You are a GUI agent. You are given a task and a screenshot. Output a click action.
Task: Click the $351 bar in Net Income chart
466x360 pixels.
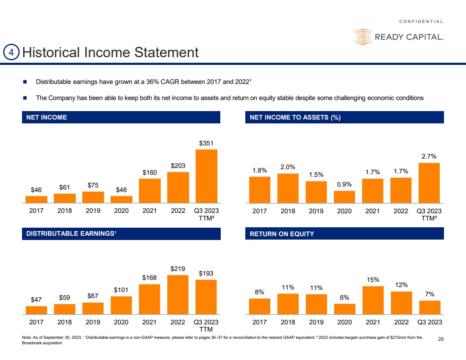tap(206, 176)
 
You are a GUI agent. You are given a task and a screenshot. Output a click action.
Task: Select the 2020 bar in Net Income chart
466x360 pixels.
tap(121, 199)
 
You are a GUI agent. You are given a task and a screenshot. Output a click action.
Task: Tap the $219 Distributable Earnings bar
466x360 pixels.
tap(178, 295)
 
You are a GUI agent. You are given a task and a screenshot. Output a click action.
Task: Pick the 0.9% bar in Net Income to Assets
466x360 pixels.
tap(344, 197)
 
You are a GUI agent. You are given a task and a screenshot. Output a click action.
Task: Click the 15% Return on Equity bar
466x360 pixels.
tap(373, 300)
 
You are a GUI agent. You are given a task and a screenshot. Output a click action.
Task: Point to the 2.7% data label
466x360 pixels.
tap(429, 156)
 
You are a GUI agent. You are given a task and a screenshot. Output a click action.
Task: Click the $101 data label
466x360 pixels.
tap(121, 290)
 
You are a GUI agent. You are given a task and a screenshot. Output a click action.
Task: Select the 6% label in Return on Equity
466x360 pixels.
tap(344, 298)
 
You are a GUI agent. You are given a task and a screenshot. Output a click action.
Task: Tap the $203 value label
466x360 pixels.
tap(178, 166)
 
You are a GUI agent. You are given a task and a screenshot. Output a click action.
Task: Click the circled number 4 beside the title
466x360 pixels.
tap(11, 52)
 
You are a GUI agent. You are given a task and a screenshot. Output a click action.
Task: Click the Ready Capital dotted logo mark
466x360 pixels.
tap(363, 37)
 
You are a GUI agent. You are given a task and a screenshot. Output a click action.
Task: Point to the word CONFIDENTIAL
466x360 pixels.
tap(421, 22)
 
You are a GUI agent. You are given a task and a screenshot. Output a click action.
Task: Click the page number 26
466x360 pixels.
tap(441, 339)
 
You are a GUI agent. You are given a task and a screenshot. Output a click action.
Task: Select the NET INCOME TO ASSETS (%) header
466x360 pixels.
tap(295, 117)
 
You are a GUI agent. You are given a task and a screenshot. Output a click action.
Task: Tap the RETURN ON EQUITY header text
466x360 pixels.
tap(282, 234)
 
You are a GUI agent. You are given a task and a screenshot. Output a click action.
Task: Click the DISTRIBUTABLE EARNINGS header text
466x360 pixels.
tap(70, 234)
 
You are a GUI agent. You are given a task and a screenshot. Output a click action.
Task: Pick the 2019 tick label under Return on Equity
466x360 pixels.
tap(316, 322)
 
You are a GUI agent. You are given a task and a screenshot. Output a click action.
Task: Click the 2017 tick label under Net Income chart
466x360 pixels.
tap(36, 211)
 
